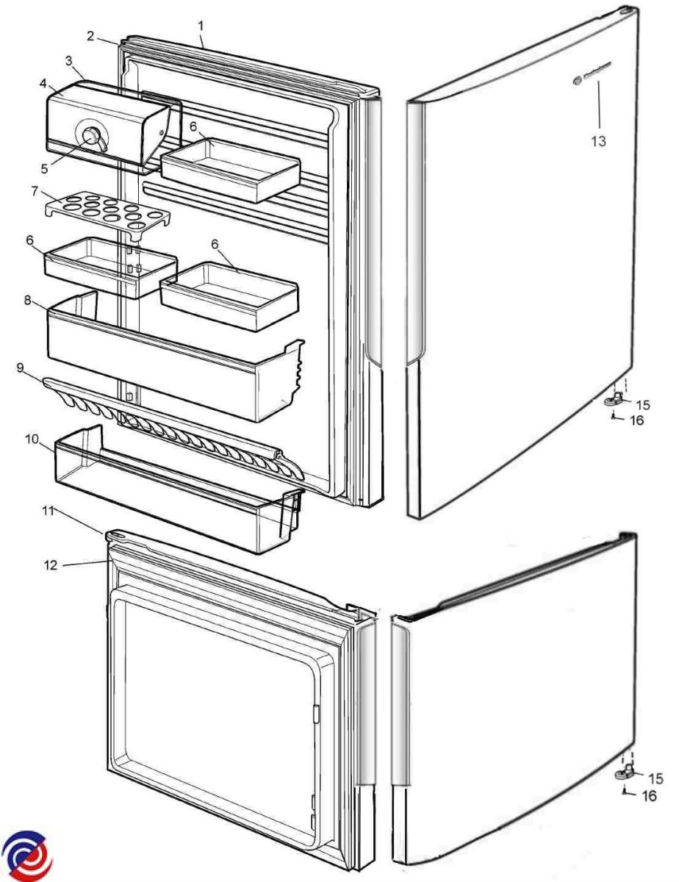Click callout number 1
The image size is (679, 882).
[x=200, y=26]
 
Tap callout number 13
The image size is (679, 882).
[x=599, y=140]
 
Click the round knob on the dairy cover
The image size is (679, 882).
[x=92, y=136]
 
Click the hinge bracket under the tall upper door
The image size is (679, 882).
[x=615, y=400]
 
